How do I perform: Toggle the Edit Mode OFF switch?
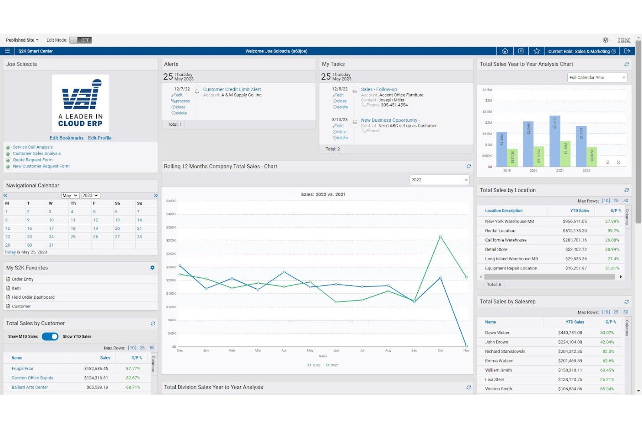(80, 40)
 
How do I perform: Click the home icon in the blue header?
(505, 51)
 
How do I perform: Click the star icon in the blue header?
(537, 51)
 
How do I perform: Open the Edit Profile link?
(100, 138)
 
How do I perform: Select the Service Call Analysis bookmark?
(33, 147)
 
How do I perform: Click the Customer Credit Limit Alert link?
(232, 89)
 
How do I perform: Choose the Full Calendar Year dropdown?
(597, 78)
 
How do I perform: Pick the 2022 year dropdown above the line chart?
(439, 180)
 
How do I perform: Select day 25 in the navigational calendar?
(73, 237)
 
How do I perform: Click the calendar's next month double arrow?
(156, 196)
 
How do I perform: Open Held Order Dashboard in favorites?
(33, 297)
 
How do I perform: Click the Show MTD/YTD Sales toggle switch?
(50, 337)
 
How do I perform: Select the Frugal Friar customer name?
(23, 369)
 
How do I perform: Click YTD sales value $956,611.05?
(574, 221)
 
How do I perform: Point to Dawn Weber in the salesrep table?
(497, 333)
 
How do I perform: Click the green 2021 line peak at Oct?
(440, 236)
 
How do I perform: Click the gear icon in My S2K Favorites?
(152, 268)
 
